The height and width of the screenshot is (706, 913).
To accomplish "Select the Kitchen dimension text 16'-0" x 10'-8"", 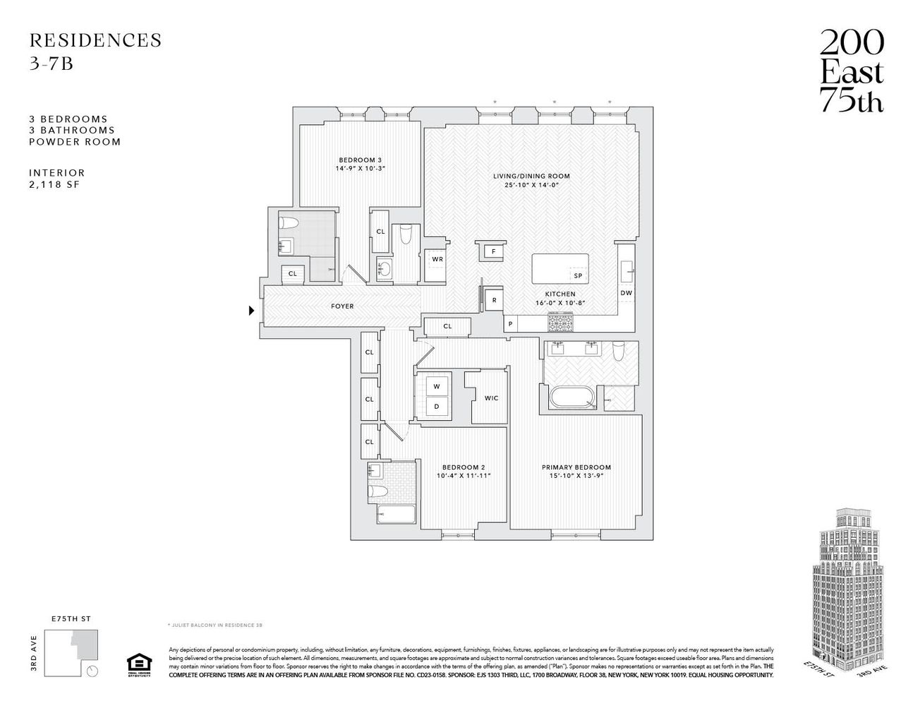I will pos(560,303).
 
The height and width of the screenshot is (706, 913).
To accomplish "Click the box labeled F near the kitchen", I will pos(493,251).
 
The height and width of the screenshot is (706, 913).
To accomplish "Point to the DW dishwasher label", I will pos(626,293).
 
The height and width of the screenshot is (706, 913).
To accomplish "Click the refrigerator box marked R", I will pos(493,299).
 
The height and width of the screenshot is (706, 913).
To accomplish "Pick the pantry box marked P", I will pos(510,324).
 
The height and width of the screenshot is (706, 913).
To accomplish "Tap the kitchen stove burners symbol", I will pos(560,323).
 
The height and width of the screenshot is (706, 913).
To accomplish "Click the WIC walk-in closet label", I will pos(491,398).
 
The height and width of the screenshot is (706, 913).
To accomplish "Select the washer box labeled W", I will pos(436,386).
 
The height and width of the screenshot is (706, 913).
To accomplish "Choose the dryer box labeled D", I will pos(436,407).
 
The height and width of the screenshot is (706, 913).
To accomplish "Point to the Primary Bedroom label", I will pos(576,467).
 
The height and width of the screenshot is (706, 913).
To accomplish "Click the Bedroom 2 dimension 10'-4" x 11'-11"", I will pos(463,476).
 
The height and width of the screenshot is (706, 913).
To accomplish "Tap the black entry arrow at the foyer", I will pos(251,310).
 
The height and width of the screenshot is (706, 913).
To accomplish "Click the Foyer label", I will pos(342,306).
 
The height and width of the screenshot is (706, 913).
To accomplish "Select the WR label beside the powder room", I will pos(437,259).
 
